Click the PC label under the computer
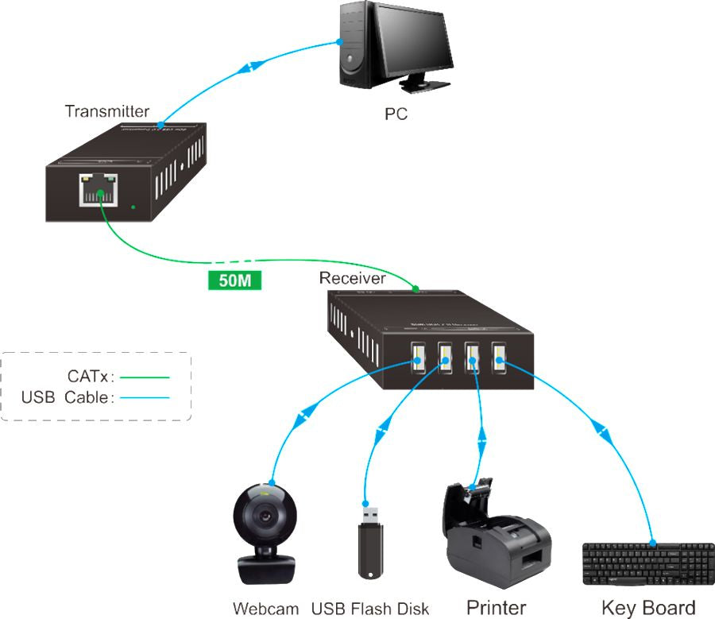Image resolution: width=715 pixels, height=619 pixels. [x=396, y=114]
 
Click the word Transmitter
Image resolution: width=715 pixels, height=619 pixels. [x=107, y=111]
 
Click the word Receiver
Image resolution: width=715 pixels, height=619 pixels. [x=352, y=278]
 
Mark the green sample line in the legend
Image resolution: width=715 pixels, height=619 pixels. [x=145, y=377]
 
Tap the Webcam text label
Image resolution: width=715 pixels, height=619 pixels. [x=265, y=609]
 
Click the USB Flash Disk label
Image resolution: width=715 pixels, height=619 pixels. [x=370, y=609]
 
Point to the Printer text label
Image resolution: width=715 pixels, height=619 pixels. [x=496, y=609]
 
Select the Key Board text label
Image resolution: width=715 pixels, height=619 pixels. [x=648, y=609]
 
